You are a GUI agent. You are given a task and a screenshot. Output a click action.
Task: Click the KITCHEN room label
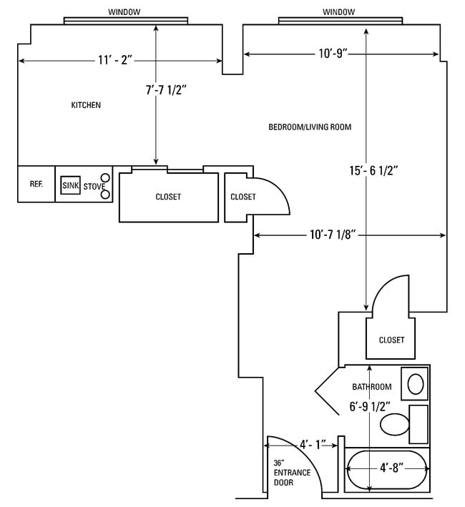coord(86,105)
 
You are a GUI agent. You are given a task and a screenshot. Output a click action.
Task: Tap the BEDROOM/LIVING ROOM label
coord(310,127)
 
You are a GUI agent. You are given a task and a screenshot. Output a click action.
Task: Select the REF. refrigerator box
coord(36,184)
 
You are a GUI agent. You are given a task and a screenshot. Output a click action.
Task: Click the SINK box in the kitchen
coord(70,185)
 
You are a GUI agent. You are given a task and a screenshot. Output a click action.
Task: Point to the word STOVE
coord(94,187)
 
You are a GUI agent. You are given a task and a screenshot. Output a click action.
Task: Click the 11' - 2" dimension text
coord(115,60)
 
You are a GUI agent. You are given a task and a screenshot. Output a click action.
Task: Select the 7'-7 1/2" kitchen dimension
coord(169,90)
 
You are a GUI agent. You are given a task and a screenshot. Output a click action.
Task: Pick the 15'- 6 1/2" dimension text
coord(373,170)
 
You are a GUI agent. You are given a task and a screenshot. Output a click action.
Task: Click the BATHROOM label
coord(371,387)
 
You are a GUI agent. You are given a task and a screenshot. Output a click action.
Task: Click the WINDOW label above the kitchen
coord(124,12)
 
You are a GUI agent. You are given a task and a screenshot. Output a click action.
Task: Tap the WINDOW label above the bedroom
coord(339,12)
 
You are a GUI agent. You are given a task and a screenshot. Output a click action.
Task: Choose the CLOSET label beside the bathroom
coord(391,340)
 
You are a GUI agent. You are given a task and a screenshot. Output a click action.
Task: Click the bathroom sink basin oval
coord(414,385)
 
